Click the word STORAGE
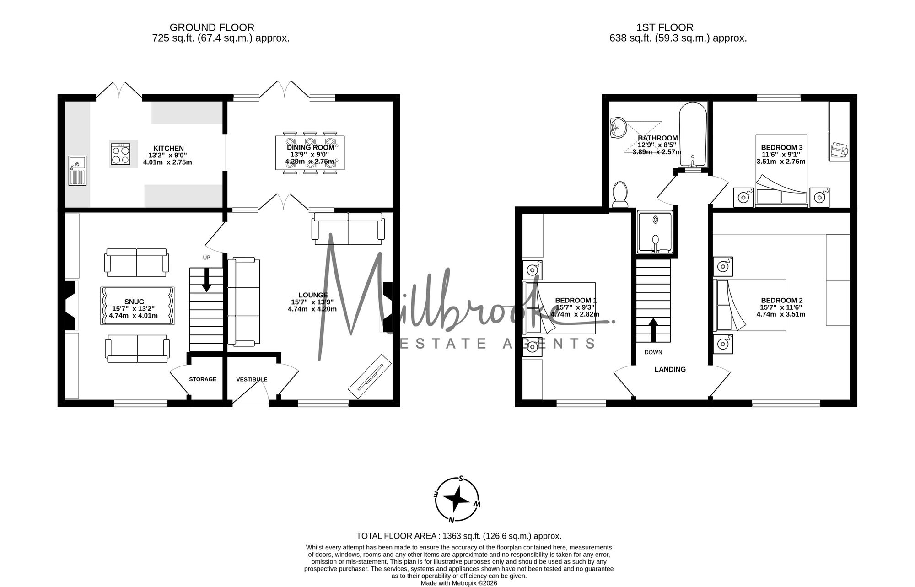click(203, 379)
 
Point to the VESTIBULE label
click(252, 379)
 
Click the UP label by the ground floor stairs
click(207, 258)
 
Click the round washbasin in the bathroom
click(616, 127)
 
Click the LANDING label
click(670, 369)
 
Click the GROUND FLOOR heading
click(212, 27)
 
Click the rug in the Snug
click(137, 306)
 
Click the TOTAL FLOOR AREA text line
click(459, 536)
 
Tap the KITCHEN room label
click(168, 148)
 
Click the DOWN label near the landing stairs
click(653, 352)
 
